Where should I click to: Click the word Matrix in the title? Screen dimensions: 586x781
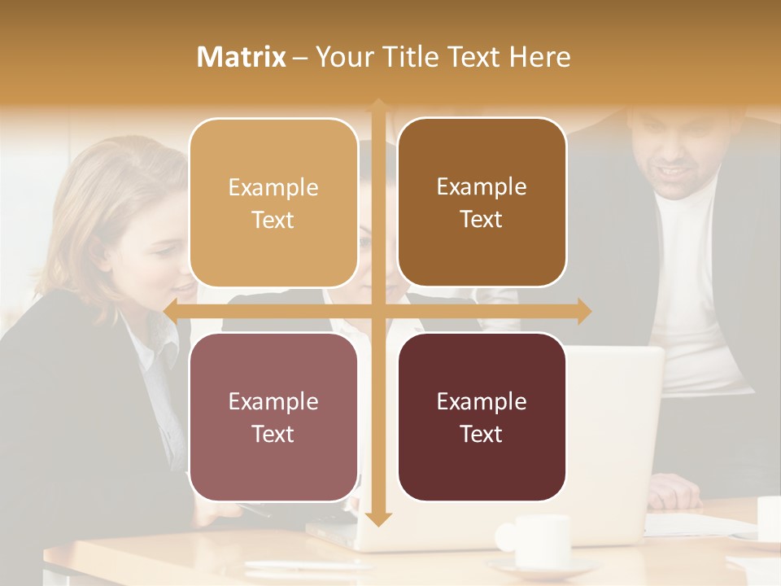(x=242, y=57)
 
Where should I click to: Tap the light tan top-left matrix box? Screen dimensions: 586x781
(x=273, y=203)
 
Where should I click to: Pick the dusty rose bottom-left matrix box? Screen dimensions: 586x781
(x=273, y=417)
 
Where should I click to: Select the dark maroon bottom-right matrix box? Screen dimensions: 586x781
(x=482, y=417)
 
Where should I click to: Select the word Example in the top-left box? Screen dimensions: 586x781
(x=273, y=188)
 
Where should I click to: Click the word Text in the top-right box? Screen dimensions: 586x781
(x=482, y=219)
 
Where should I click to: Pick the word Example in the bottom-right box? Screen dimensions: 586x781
(x=482, y=401)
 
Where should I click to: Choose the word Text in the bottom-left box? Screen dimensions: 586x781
(x=273, y=434)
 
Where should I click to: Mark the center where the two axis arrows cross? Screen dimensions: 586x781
(x=377, y=311)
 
